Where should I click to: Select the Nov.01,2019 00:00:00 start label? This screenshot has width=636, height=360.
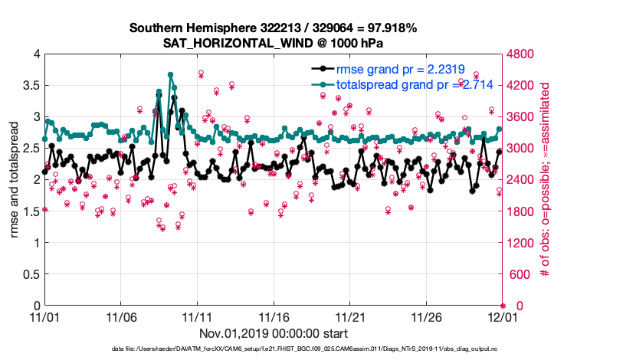[274, 334]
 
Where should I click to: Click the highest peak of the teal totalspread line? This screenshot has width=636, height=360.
[170, 75]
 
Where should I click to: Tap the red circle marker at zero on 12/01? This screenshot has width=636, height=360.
[503, 306]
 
